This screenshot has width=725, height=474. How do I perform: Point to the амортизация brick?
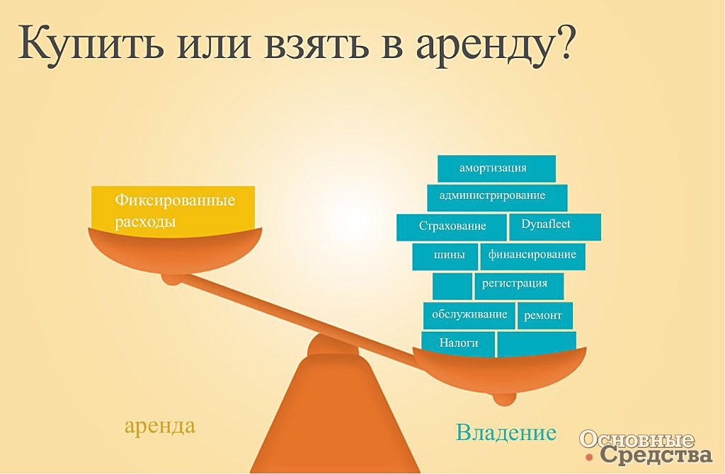pyautogui.click(x=496, y=168)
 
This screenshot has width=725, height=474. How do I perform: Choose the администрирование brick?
pyautogui.click(x=497, y=197)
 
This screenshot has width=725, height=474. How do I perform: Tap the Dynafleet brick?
pyautogui.click(x=555, y=226)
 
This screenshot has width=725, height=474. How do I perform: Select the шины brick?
pyautogui.click(x=445, y=256)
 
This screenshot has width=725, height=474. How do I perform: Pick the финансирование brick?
pyautogui.click(x=532, y=256)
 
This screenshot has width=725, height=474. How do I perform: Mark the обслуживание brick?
pyautogui.click(x=469, y=316)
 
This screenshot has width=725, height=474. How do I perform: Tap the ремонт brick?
pyautogui.click(x=544, y=316)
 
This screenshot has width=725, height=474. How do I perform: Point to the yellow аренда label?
pyautogui.click(x=160, y=425)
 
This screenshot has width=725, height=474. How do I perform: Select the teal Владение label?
pyautogui.click(x=506, y=432)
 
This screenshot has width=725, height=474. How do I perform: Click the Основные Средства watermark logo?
pyautogui.click(x=646, y=446)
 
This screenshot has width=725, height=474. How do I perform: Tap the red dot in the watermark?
pyautogui.click(x=588, y=457)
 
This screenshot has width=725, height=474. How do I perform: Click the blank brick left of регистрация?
pyautogui.click(x=452, y=286)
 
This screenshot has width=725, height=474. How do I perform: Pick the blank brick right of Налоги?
pyautogui.click(x=537, y=345)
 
